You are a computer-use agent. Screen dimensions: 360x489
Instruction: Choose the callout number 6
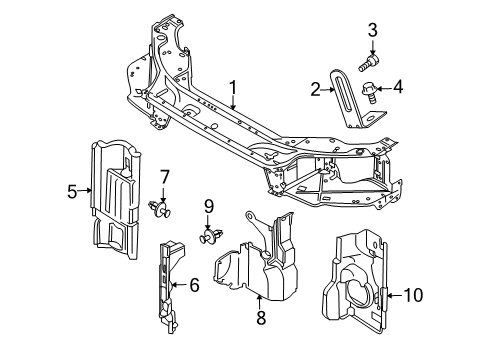193,284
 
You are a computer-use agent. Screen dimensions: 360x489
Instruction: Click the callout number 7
165,177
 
